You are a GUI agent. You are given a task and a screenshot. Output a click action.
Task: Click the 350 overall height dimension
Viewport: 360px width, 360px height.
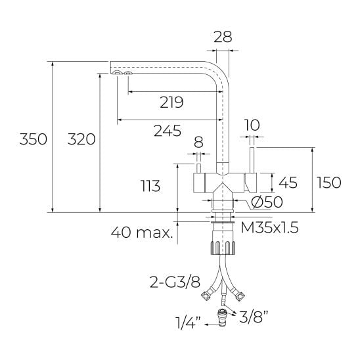(33, 139)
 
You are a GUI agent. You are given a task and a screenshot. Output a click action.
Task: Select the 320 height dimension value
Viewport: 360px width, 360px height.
(81, 139)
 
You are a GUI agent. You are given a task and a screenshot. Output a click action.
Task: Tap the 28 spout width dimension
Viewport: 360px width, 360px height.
(223, 37)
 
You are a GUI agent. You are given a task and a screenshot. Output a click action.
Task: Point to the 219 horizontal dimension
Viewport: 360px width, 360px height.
(171, 102)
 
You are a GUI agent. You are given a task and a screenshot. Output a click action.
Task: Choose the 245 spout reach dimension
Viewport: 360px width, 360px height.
(168, 131)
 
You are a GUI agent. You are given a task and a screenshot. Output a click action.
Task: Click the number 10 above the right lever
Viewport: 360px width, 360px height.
(252, 125)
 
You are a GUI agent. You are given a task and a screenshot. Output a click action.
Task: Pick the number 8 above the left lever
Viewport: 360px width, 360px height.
(198, 142)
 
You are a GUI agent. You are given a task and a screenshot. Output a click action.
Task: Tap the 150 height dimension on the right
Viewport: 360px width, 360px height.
(328, 182)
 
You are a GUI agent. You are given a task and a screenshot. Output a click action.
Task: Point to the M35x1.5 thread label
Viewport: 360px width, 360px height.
(269, 228)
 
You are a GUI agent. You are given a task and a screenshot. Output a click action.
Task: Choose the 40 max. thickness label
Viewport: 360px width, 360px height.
(143, 231)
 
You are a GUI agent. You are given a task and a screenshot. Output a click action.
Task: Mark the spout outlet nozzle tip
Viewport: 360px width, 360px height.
(122, 75)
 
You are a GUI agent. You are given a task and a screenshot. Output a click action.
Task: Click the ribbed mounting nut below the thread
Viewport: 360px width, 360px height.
(222, 248)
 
